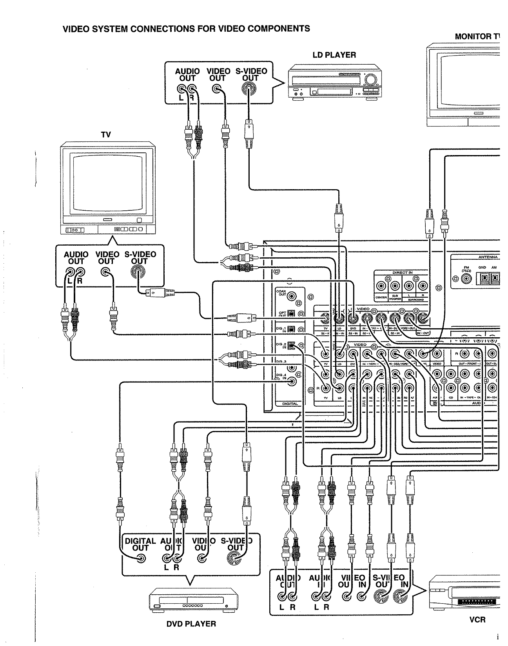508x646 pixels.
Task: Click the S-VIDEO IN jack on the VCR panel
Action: click(400, 597)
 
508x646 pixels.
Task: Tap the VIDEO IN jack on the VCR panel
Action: click(361, 597)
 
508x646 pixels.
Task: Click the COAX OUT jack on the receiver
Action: click(292, 297)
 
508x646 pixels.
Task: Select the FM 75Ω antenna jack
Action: click(466, 279)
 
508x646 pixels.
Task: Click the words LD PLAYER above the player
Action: click(334, 55)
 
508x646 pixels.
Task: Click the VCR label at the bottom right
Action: click(477, 620)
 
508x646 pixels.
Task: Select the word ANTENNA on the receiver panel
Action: click(488, 257)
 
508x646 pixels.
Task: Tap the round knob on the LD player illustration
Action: click(369, 81)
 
